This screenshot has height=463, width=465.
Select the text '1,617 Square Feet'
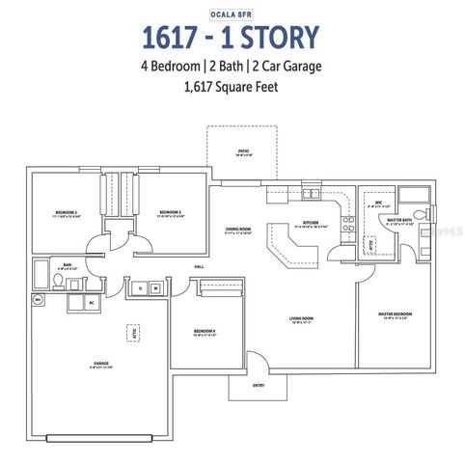(232, 86)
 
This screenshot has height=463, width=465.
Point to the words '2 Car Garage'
(287, 67)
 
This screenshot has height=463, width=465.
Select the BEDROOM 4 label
(205, 331)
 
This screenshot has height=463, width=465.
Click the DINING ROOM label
(237, 228)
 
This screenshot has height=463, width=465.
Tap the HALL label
(199, 266)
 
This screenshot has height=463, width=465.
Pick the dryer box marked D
(140, 287)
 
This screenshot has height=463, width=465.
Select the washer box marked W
(155, 287)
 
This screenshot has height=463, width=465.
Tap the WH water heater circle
(39, 300)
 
